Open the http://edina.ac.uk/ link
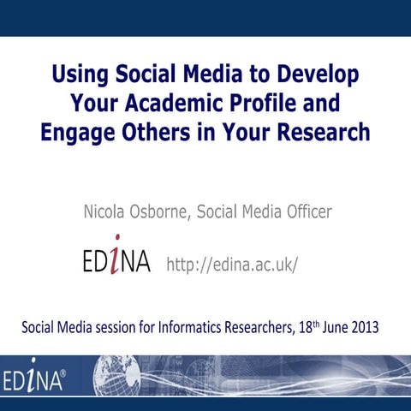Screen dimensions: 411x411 [231, 263]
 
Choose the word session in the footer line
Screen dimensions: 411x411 [118, 327]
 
